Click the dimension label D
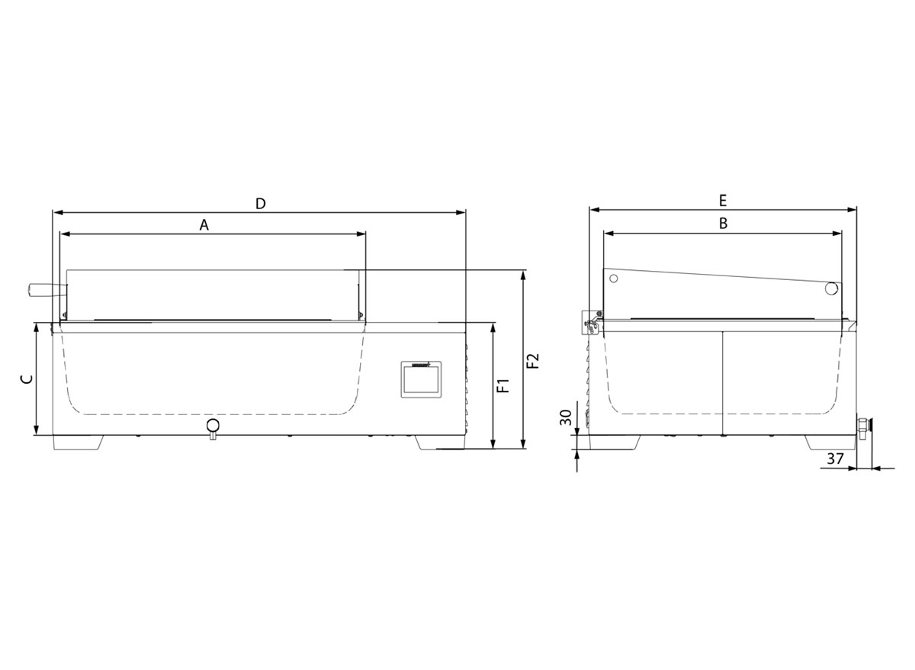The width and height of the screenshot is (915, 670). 261,203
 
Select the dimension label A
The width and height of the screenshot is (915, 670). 204,224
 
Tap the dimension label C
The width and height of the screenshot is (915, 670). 27,380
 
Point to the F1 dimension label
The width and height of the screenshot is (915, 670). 503,385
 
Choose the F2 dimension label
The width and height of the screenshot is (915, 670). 533,360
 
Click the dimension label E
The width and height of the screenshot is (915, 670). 723,201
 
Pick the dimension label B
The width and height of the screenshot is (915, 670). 723,223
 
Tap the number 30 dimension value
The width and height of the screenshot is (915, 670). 566,417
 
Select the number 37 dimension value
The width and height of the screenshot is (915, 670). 836,459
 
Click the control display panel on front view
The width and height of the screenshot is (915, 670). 421,379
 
